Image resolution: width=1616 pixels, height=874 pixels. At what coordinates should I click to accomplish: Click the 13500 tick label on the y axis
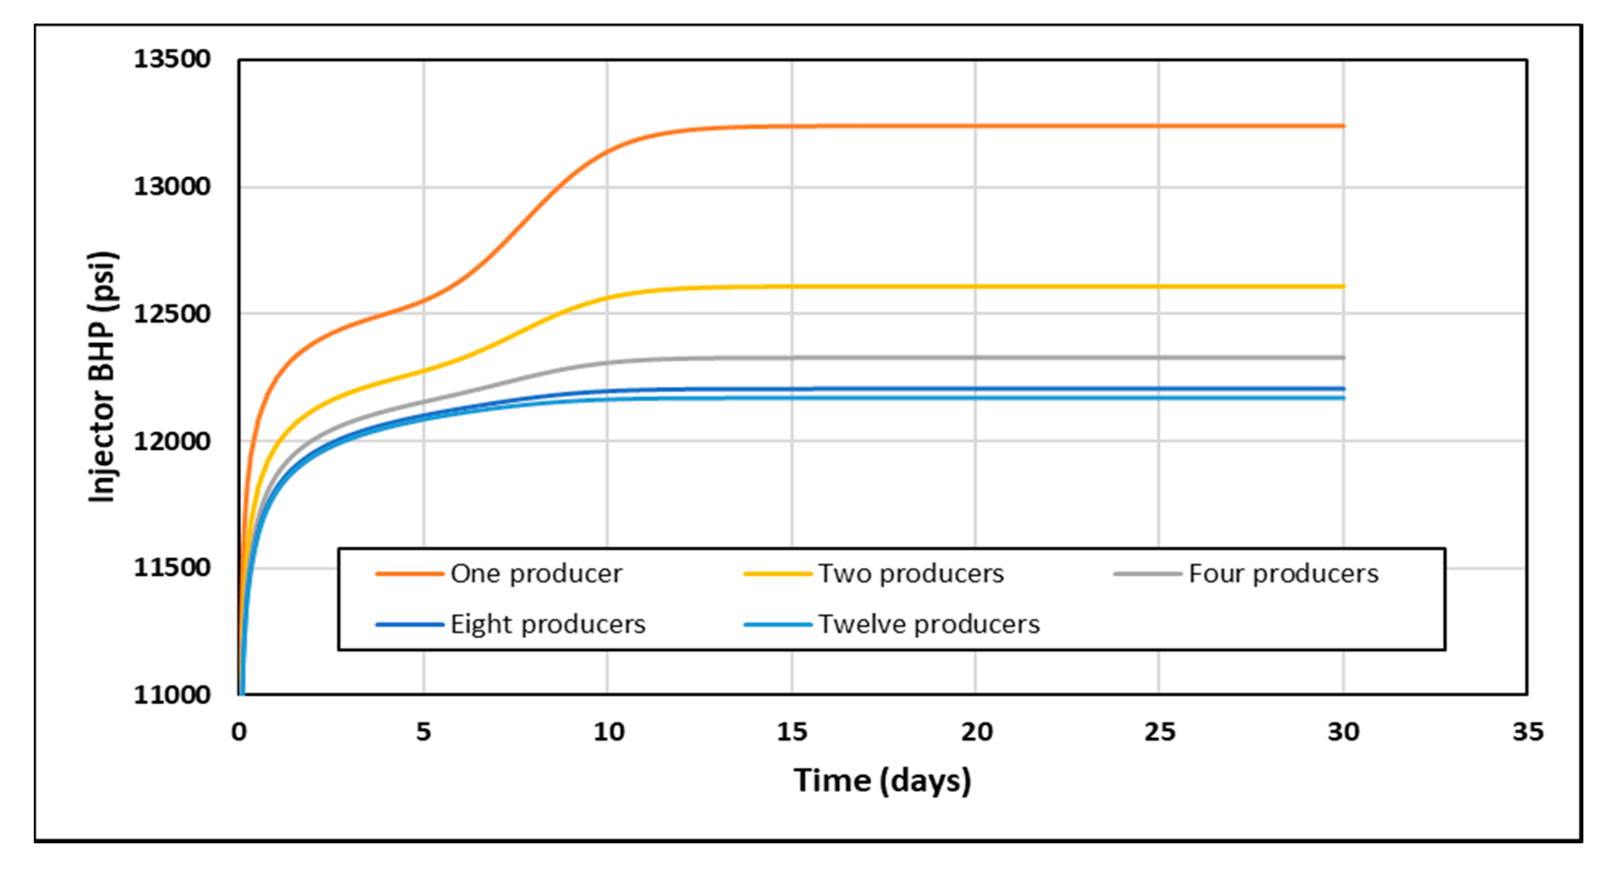coord(172,60)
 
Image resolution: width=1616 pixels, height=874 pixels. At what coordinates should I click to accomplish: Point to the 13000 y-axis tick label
coord(172,187)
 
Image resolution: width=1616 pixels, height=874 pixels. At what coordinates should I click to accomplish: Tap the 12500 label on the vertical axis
coord(172,314)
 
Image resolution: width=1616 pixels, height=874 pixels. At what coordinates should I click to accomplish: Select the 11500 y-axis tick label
coord(172,568)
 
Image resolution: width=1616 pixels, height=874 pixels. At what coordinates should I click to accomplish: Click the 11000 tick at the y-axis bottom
coord(172,695)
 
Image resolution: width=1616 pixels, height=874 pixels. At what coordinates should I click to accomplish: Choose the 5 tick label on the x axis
coord(423,732)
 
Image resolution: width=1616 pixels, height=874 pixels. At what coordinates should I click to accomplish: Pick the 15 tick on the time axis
coord(792,732)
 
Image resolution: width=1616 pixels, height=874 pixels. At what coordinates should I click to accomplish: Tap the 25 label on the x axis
coord(1159,732)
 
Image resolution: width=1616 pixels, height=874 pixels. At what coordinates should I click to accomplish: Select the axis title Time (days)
coord(882,781)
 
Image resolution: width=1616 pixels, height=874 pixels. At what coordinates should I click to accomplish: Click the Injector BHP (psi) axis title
coord(102,377)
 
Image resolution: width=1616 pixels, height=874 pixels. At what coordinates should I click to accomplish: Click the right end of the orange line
coord(1343,126)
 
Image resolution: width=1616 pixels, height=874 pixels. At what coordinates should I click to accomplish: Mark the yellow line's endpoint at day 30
coord(1343,287)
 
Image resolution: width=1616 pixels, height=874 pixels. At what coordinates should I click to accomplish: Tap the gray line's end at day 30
coord(1343,358)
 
